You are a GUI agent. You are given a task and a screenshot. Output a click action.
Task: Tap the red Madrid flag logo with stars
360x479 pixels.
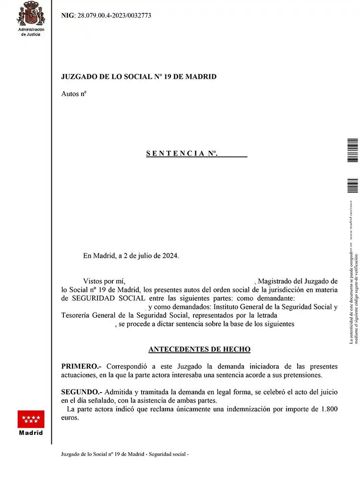pyautogui.click(x=31, y=419)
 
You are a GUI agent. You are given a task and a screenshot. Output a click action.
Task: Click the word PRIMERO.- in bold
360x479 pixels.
pyautogui.click(x=81, y=366)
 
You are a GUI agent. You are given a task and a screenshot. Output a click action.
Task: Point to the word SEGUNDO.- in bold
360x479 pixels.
pyautogui.click(x=82, y=392)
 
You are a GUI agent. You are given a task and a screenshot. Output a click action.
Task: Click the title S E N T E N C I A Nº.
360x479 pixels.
pyautogui.click(x=182, y=154)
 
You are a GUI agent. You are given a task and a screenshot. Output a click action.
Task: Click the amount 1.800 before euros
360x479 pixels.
pyautogui.click(x=327, y=409)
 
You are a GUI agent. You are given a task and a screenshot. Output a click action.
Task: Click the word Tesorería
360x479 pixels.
pyautogui.click(x=78, y=315)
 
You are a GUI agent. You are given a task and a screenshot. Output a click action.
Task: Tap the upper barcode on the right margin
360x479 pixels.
pyautogui.click(x=352, y=149)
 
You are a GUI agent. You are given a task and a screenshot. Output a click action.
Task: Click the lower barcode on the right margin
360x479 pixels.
pyautogui.click(x=352, y=185)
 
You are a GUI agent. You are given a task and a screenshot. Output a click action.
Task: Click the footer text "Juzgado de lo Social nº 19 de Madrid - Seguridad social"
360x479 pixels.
pyautogui.click(x=125, y=454)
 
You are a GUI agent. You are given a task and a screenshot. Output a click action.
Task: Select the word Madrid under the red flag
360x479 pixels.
pyautogui.click(x=31, y=433)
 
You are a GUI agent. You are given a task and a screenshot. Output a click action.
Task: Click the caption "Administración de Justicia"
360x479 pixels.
pyautogui.click(x=31, y=32)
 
